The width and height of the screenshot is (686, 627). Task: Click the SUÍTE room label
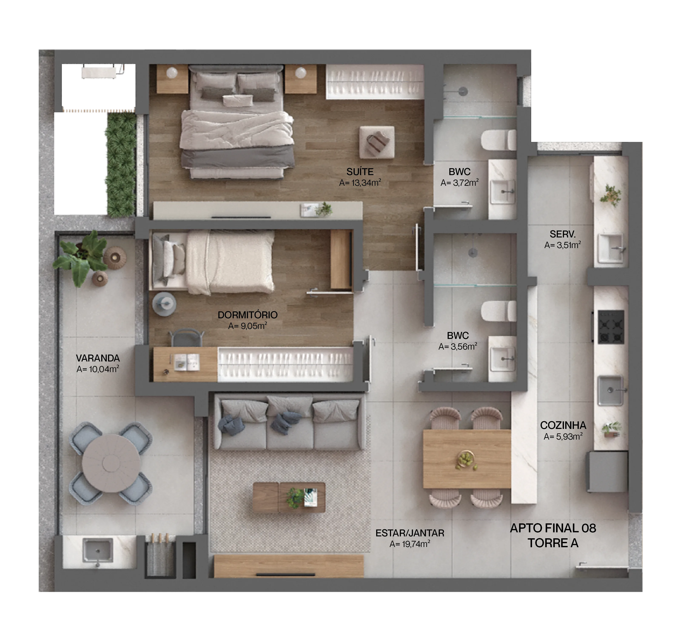click(x=360, y=172)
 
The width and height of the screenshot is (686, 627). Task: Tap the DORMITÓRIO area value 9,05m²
click(x=247, y=326)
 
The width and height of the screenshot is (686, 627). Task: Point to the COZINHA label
click(x=563, y=426)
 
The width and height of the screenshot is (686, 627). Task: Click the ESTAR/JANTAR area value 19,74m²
click(x=410, y=544)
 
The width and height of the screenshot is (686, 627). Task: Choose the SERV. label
click(x=562, y=234)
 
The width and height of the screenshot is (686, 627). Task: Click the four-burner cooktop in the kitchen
click(x=611, y=327)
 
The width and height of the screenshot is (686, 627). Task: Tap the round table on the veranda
click(x=111, y=463)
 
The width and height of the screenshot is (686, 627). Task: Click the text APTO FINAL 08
click(x=553, y=528)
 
